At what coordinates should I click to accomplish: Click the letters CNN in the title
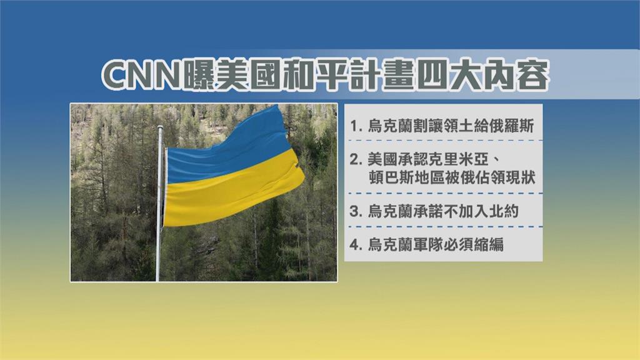point(140,77)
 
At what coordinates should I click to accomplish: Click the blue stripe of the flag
point(231,150)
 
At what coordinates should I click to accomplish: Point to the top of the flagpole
point(161,128)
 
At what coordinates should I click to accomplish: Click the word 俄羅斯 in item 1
point(514,126)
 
